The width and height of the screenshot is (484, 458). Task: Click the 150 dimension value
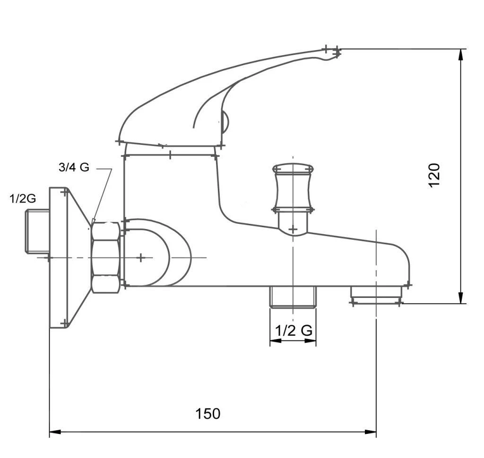[x=208, y=414]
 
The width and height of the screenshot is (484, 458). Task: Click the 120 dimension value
[x=434, y=175]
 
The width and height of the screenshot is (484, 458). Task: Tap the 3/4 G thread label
[x=73, y=167]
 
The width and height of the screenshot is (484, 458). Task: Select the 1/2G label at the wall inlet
[x=23, y=199]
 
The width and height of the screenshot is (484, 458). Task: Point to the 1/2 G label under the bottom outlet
[x=294, y=330]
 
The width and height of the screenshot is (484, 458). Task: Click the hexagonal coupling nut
[x=105, y=257]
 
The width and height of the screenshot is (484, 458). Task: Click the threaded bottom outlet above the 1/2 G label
[x=293, y=297]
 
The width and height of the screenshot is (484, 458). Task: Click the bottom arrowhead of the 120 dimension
[x=461, y=298]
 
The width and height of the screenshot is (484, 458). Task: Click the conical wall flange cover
[x=69, y=257]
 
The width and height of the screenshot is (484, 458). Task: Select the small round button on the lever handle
[x=225, y=122]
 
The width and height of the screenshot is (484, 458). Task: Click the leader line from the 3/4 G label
[x=103, y=194]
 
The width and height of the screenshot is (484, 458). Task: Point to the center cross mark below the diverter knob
[x=293, y=230]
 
